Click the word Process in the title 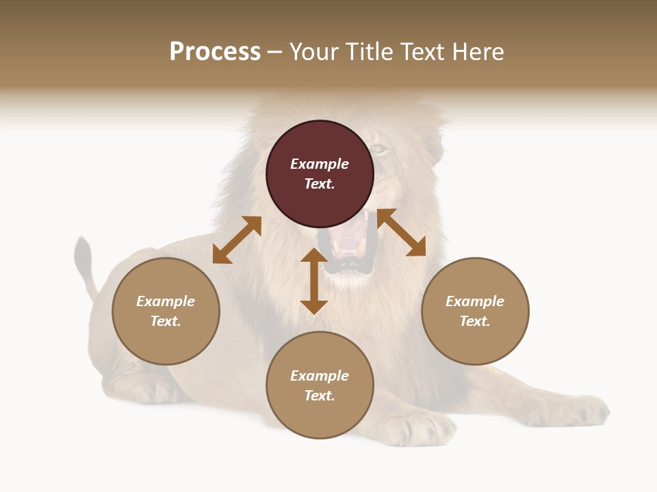point(215,52)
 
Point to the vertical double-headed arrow point(314,281)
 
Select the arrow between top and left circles point(237,240)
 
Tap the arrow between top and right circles point(401,232)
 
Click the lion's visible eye point(378,148)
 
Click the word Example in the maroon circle point(320,164)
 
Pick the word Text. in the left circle point(166,321)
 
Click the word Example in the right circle point(475,301)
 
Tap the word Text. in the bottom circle point(320,396)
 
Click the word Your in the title point(311,52)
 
